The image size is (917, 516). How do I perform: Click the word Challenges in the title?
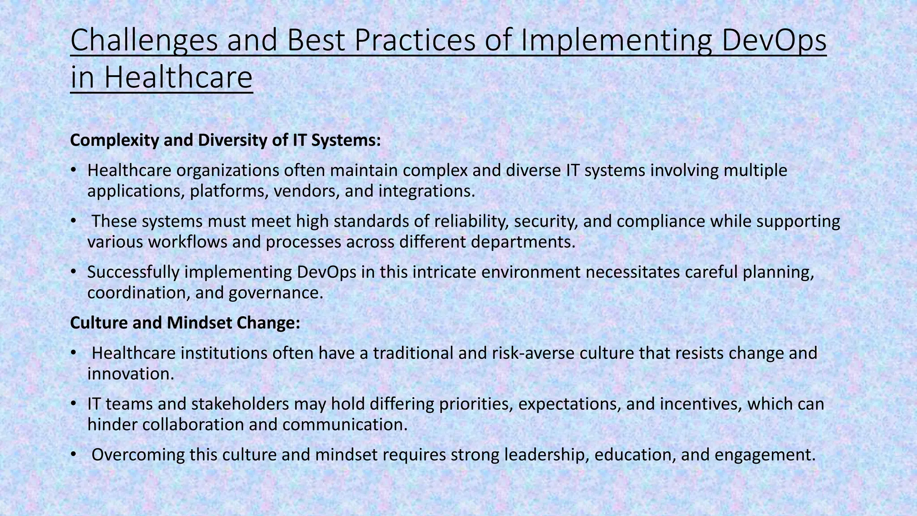144,40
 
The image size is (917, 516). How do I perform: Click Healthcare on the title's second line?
178,77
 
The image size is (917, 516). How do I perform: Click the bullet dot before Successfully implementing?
74,272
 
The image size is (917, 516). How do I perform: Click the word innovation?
130,374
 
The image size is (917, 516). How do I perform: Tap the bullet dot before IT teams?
74,404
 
